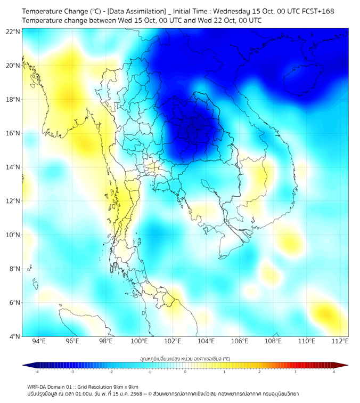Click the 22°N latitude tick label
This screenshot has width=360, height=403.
13,31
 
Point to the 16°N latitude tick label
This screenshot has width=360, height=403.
13,133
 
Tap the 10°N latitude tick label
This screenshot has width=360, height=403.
13,235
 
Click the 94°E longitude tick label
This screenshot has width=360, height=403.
39,341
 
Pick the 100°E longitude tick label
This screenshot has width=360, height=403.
140,341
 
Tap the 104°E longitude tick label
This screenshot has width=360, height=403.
206,341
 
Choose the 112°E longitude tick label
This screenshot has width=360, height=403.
340,341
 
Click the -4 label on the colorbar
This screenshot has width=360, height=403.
37,372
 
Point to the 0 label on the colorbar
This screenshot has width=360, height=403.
185,372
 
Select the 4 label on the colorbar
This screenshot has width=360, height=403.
334,372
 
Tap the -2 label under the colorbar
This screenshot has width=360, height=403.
111,372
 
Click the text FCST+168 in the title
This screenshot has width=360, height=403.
316,11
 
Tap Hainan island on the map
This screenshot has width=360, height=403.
304,80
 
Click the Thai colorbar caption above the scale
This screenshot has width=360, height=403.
185,359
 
